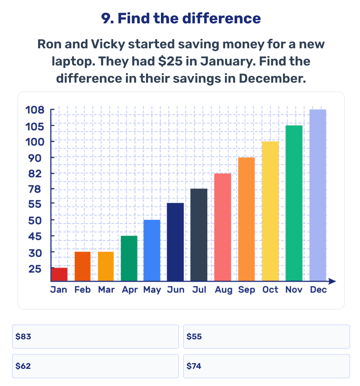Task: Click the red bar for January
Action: (x=59, y=274)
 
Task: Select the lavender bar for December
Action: (x=318, y=195)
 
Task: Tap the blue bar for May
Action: (x=152, y=250)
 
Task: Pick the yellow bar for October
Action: (x=270, y=211)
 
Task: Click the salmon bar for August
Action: (x=223, y=227)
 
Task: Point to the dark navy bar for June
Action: (x=175, y=242)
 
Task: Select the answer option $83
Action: (x=95, y=337)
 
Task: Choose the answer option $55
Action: (x=267, y=337)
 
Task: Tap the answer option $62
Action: (x=95, y=366)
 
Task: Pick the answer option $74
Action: (x=267, y=366)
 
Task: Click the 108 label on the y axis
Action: (x=35, y=110)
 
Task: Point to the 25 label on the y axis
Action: (x=35, y=269)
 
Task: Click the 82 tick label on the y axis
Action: (x=35, y=174)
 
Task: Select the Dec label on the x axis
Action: (x=318, y=290)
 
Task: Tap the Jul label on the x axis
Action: (x=199, y=290)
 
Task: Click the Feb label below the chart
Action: (x=82, y=290)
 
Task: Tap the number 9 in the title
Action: (x=106, y=19)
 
